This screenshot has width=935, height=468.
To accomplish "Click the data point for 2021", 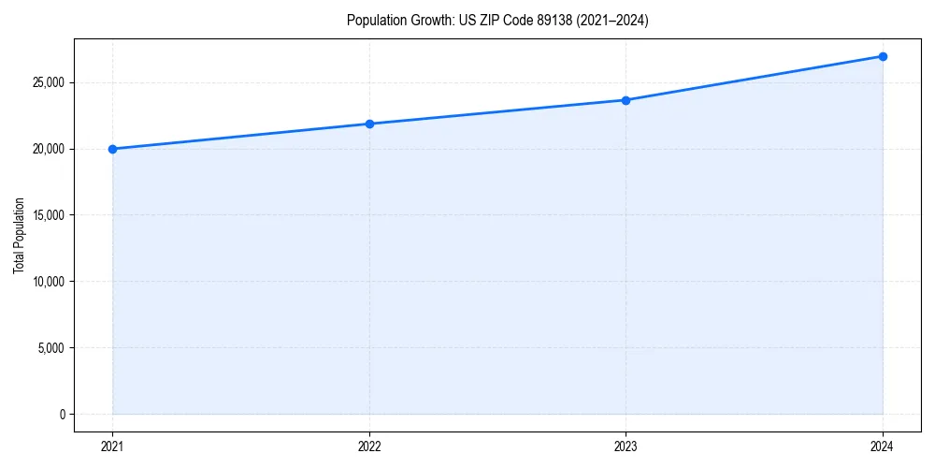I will [112, 149].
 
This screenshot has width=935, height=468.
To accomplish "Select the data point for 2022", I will [369, 124].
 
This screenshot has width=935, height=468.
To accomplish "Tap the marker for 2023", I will [626, 100].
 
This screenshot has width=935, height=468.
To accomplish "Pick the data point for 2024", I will [883, 56].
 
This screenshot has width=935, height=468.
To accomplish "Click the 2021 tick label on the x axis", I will [112, 446].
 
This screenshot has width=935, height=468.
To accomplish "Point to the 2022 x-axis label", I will [369, 446].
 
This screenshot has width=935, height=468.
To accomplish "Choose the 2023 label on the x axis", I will [626, 446].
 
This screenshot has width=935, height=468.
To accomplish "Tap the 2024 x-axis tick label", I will [883, 446].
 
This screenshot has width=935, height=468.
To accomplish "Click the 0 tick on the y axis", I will [62, 415].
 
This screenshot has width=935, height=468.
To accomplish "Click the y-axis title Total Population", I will [19, 235].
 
